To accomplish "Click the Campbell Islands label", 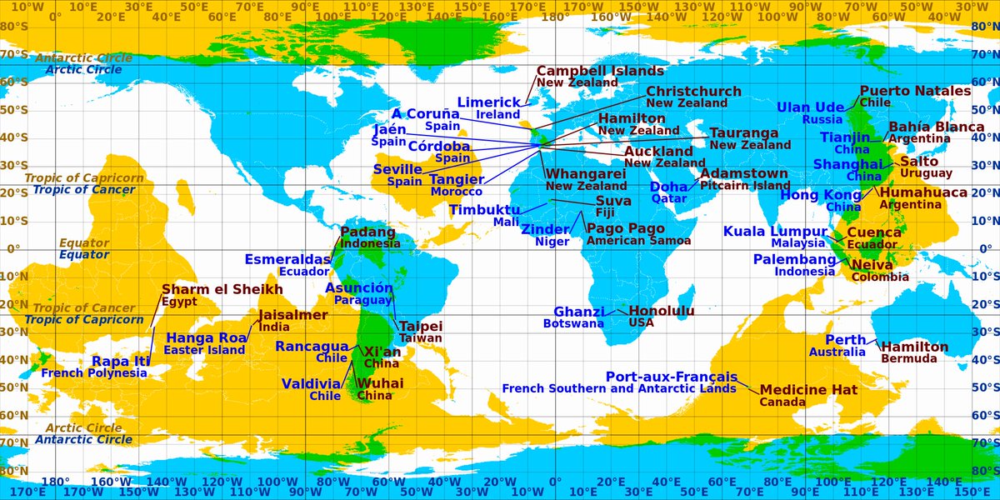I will tap(600, 71).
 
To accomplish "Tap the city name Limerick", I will tap(489, 102).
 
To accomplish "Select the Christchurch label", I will tap(693, 91).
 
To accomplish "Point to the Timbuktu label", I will tap(484, 210).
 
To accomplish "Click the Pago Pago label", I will tap(626, 228).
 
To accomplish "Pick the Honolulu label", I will tap(661, 311).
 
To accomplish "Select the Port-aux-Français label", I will tap(671, 377).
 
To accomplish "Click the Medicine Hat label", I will tap(808, 389).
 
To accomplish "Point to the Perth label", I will tap(846, 340).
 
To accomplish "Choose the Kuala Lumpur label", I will tap(775, 231).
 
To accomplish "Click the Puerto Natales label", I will tap(915, 91).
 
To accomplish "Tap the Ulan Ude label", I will tap(811, 107).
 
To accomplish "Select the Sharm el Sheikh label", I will tap(222, 289).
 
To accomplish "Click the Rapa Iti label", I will tap(121, 361).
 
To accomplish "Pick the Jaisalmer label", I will tap(293, 315).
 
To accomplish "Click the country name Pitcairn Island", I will tap(745, 185).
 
